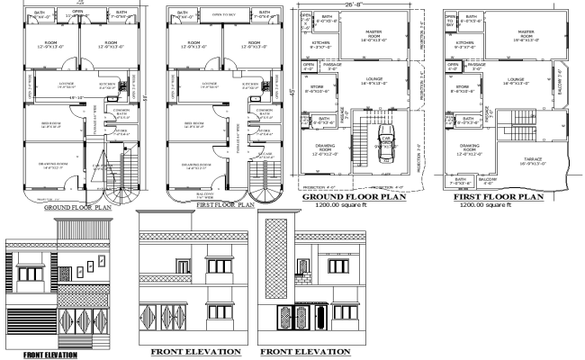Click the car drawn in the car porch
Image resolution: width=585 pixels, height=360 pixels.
[385, 143]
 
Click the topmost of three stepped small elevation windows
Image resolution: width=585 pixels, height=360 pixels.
[94, 265]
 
